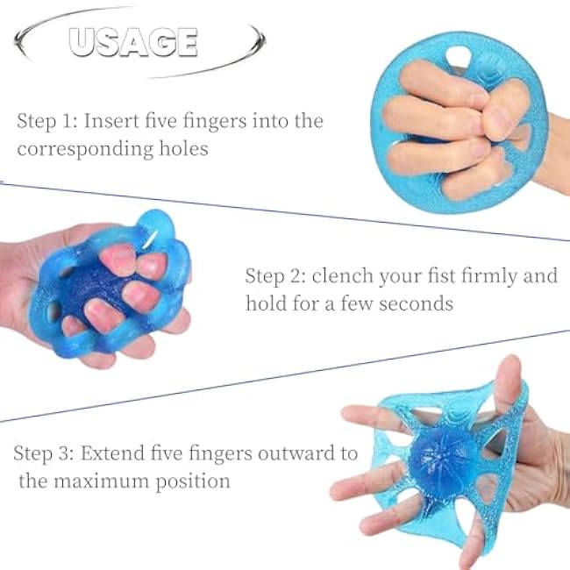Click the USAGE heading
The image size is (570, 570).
click(132, 41)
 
